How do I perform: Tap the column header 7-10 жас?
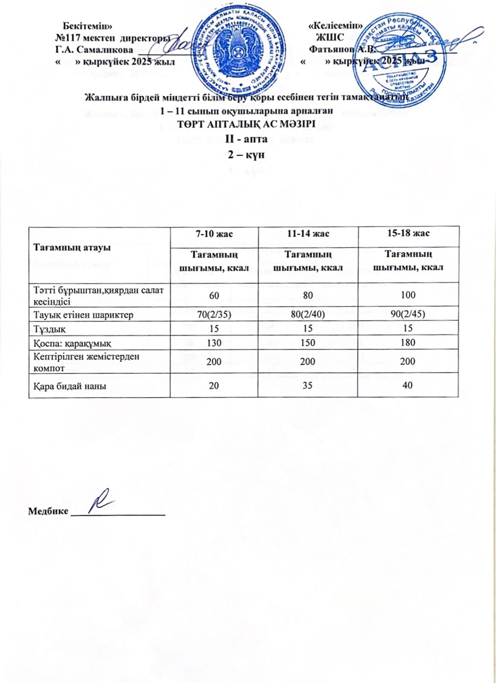214,234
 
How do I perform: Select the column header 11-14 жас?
308,234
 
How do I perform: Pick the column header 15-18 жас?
408,233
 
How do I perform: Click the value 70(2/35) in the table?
214,315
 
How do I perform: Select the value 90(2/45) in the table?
408,315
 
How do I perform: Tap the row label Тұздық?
50,328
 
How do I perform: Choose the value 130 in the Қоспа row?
214,343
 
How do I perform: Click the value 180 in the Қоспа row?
408,342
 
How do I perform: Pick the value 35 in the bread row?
308,385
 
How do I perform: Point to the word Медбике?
48,511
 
